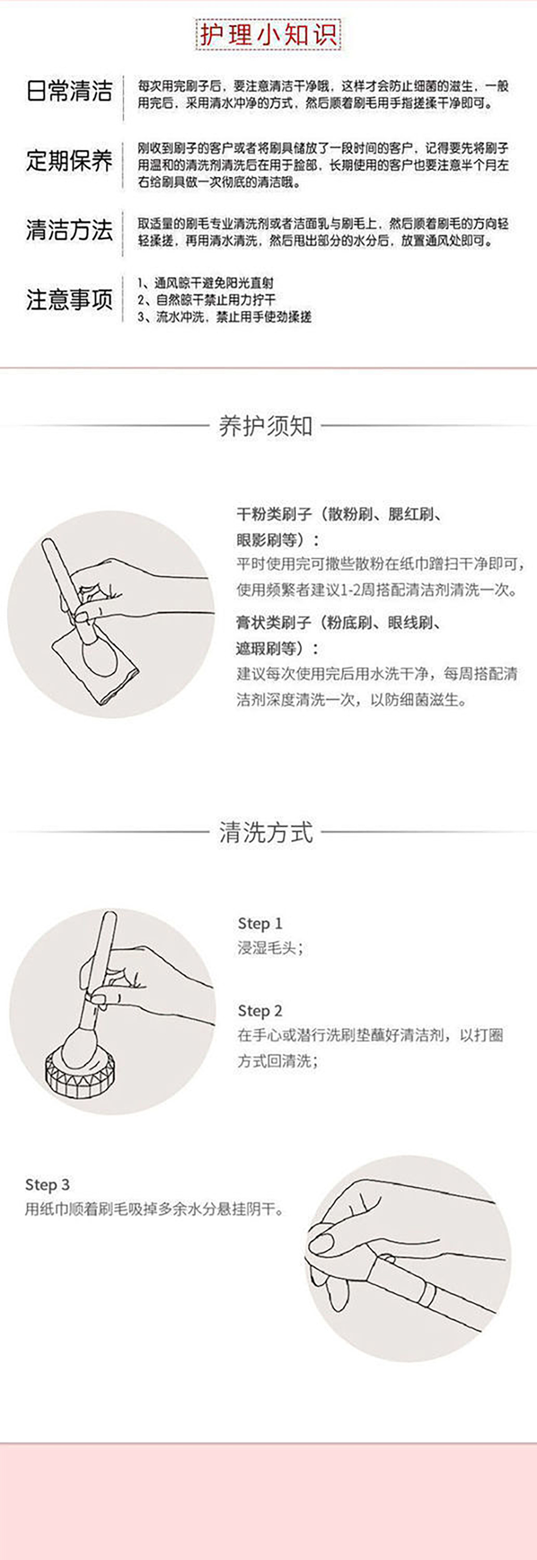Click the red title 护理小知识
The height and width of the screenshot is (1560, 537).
coord(268,35)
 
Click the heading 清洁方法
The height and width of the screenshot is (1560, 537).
coord(69,230)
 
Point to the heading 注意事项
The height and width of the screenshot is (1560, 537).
coord(69,300)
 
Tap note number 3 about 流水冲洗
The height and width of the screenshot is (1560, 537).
coord(224,317)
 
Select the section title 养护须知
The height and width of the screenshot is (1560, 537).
coord(266,426)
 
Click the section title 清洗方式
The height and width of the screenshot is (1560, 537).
coord(266,833)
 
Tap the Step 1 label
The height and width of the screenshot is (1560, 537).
coord(260,924)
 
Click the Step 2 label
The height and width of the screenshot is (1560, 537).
coord(260,1011)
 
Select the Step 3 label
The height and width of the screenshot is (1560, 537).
coord(47,1184)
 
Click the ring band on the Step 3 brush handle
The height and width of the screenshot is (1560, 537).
coord(429,1296)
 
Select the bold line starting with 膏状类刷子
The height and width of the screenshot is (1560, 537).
coord(338,622)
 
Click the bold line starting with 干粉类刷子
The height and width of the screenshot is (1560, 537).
coord(338,515)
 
